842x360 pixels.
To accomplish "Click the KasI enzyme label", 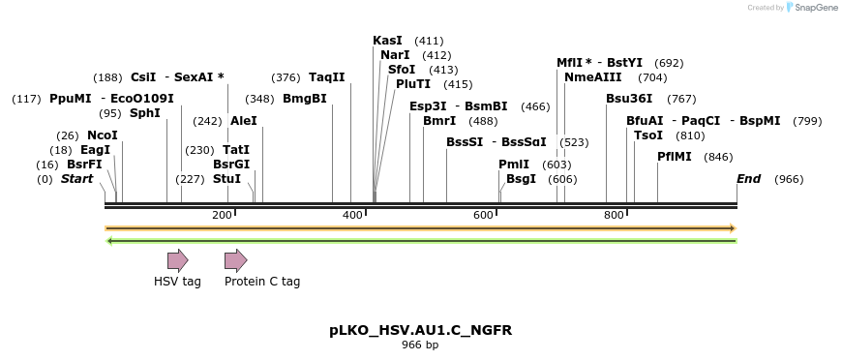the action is (388, 41).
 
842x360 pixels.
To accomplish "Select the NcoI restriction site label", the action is (103, 135).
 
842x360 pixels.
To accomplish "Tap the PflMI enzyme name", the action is (675, 156).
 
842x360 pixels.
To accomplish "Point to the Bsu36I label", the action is (629, 99).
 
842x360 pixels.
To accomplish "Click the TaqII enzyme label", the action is (327, 77).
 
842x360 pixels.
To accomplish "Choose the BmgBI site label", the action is (305, 99).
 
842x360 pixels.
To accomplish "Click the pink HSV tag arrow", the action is (177, 259).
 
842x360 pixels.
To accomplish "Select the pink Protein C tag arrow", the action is (235, 259).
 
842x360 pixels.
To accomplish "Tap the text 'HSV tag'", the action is (177, 282).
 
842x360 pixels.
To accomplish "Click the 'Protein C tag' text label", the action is (262, 282).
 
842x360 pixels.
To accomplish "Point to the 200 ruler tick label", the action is (222, 214).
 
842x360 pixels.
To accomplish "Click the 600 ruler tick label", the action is (483, 214).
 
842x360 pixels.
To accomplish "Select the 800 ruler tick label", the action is (614, 214).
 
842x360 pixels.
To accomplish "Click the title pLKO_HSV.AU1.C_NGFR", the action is (420, 330).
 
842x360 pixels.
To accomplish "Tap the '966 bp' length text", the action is (420, 345).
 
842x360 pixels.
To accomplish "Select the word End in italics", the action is (748, 179).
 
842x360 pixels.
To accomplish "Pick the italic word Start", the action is (77, 179).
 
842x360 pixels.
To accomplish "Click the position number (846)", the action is (718, 157).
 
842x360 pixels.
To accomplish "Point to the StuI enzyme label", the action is (226, 179).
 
